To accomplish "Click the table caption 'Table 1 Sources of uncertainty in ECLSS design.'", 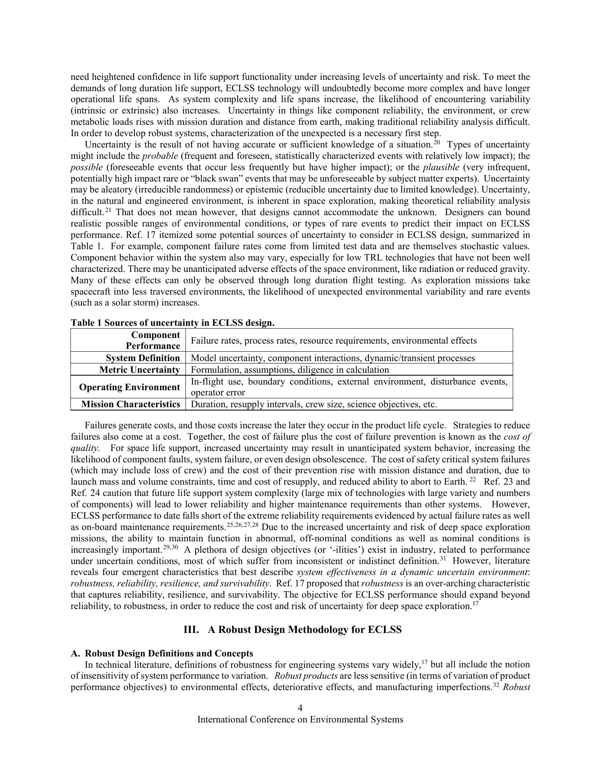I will pyautogui.click(x=173, y=323).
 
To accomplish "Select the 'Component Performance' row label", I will pyautogui.click(x=153, y=340).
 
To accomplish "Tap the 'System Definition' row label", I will pyautogui.click(x=143, y=358).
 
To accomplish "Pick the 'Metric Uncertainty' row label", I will pyautogui.click(x=139, y=370).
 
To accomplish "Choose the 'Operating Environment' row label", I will pyautogui.click(x=129, y=387).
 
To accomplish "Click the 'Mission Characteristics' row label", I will pyautogui.click(x=130, y=404).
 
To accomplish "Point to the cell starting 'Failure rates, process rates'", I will pyautogui.click(x=333, y=341).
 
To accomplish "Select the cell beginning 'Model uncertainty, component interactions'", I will pyautogui.click(x=332, y=358).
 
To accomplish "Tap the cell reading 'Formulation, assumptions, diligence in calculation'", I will pyautogui.click(x=290, y=370).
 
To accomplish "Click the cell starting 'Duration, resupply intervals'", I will pyautogui.click(x=313, y=404).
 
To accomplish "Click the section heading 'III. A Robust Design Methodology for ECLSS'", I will pyautogui.click(x=292, y=630).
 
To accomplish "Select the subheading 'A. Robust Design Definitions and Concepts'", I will pyautogui.click(x=162, y=654).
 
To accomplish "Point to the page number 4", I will pyautogui.click(x=300, y=708).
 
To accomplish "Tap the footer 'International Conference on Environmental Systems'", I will pyautogui.click(x=300, y=720).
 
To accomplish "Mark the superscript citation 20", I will pyautogui.click(x=437, y=143).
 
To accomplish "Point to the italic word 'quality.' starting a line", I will pyautogui.click(x=85, y=448).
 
